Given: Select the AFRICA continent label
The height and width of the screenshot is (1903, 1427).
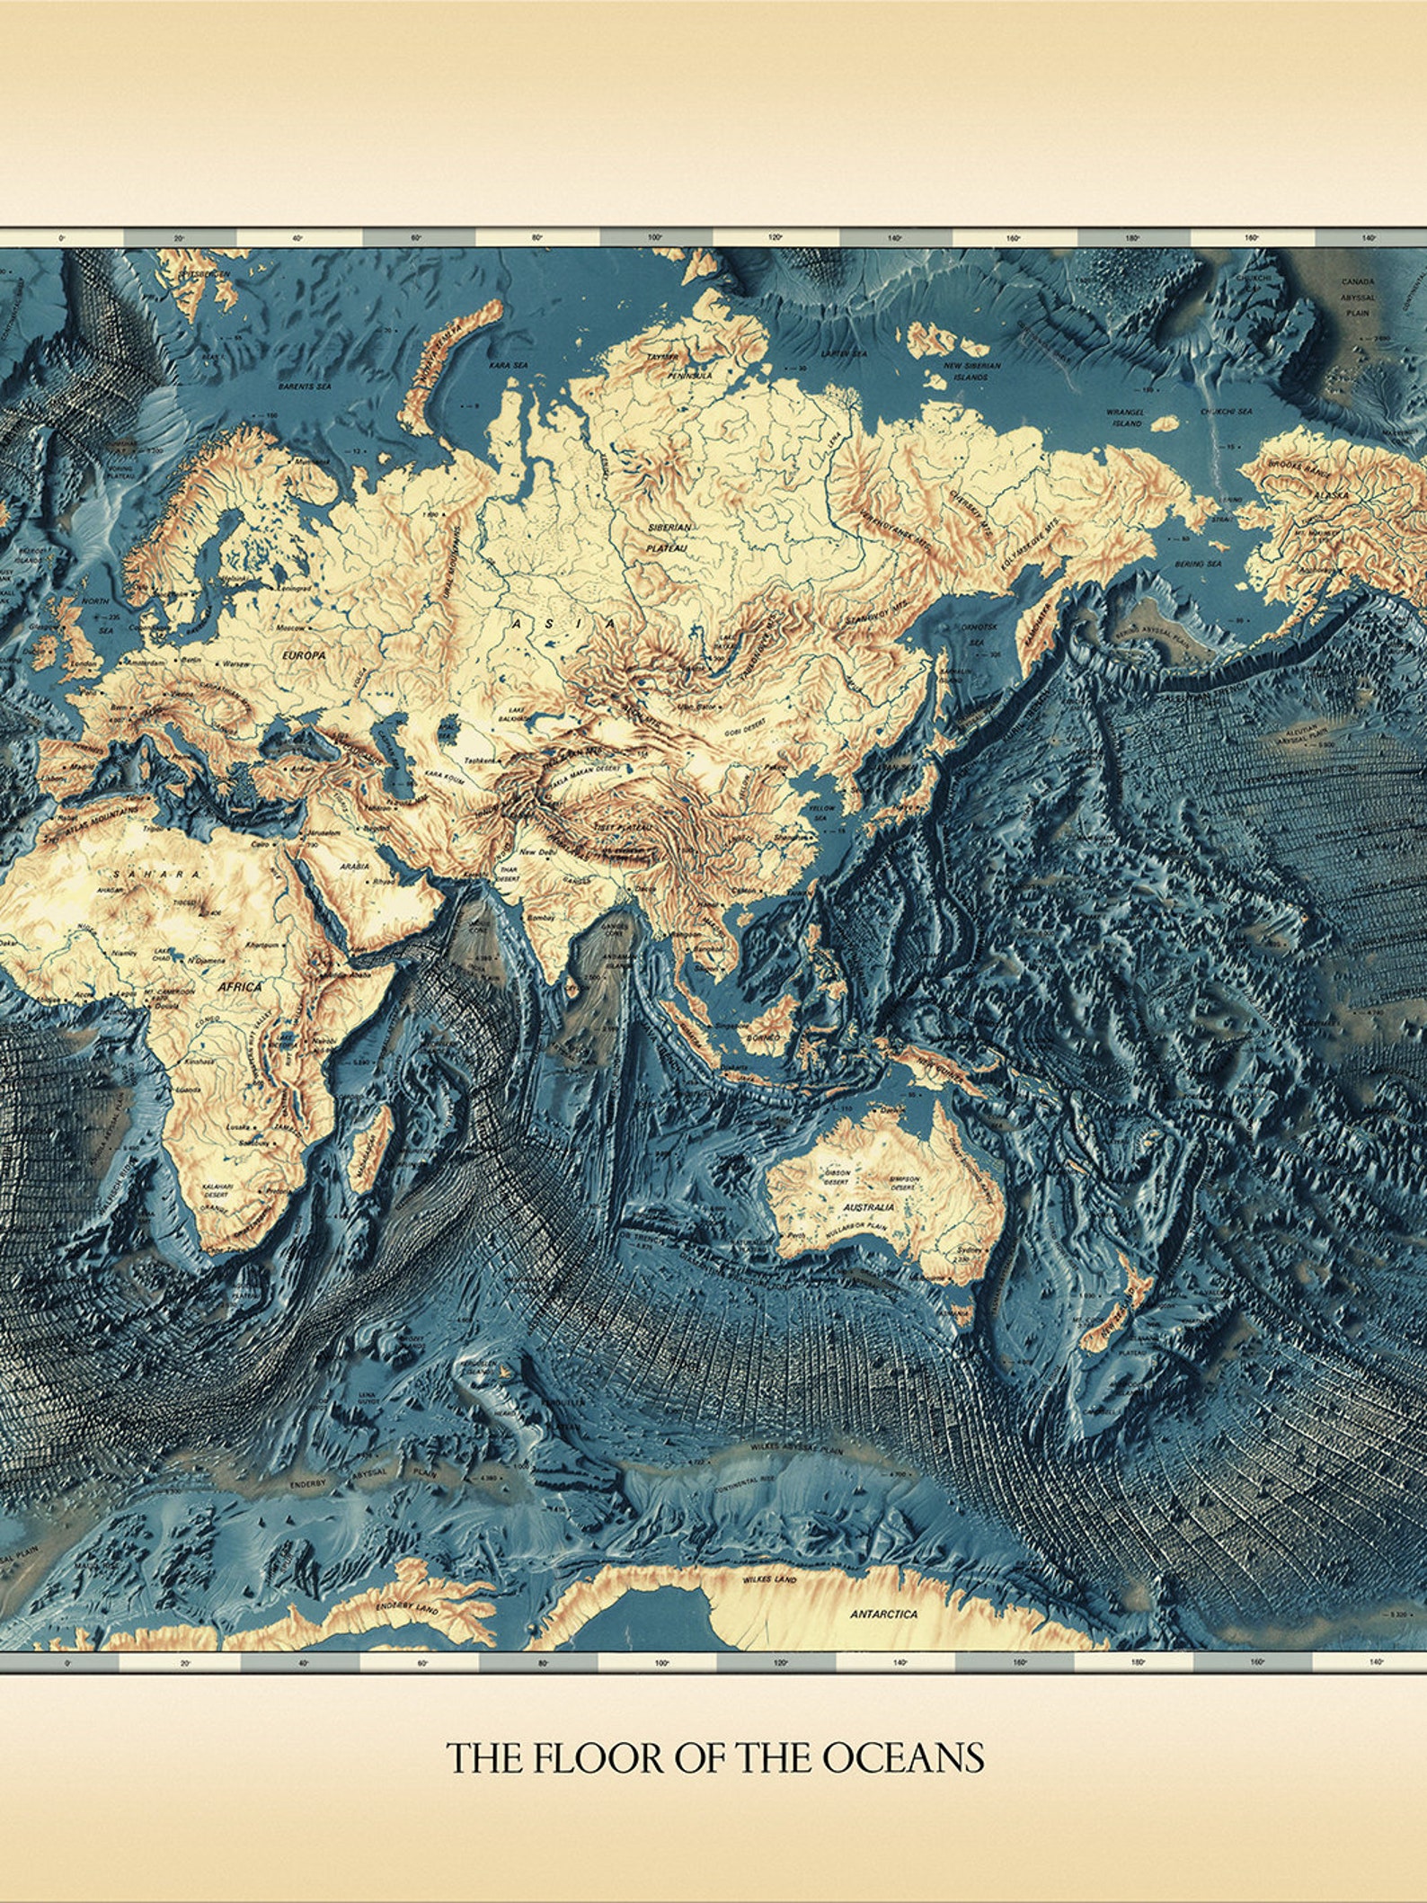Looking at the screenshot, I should pyautogui.click(x=239, y=986).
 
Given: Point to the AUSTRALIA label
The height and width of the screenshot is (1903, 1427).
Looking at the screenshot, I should pyautogui.click(x=869, y=1206).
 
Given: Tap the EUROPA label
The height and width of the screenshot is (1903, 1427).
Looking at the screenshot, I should pyautogui.click(x=304, y=655).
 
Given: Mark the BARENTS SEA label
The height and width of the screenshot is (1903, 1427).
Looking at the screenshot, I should pyautogui.click(x=305, y=386).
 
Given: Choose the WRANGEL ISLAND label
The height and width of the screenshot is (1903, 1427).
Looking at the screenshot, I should pyautogui.click(x=1124, y=417).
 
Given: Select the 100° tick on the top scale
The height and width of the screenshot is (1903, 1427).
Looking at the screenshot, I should pyautogui.click(x=655, y=238).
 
